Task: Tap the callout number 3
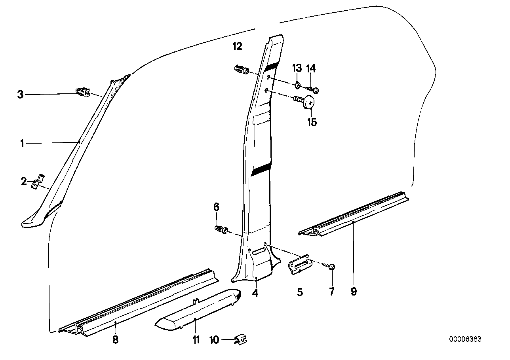coord(20,95)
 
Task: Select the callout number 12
coord(237,47)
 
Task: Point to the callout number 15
coord(312,122)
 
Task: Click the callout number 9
coord(354,292)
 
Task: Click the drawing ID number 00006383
coord(465,339)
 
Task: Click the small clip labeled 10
coord(241,339)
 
